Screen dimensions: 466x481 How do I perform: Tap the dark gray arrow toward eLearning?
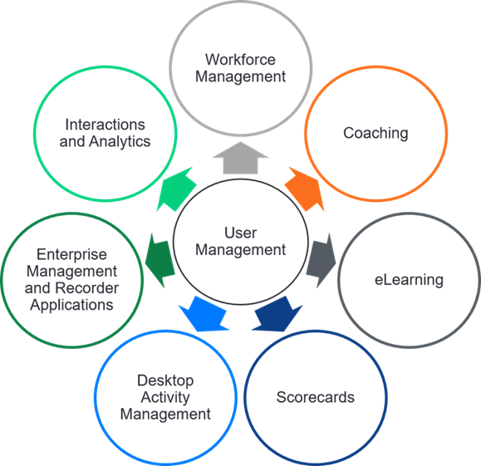click(320, 258)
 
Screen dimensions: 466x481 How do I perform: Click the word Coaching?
click(375, 133)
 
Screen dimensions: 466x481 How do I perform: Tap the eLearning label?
click(409, 280)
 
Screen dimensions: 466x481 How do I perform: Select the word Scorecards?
click(316, 396)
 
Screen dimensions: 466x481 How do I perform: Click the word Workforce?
click(240, 60)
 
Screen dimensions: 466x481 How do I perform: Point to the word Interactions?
click(106, 125)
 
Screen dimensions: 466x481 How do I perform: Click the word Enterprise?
click(71, 255)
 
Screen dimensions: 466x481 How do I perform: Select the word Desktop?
click(165, 380)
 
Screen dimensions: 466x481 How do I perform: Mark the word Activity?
click(165, 397)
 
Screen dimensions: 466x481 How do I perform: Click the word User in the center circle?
click(240, 233)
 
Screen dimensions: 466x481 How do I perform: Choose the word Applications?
click(71, 305)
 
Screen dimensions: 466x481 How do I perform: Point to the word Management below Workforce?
click(240, 76)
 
